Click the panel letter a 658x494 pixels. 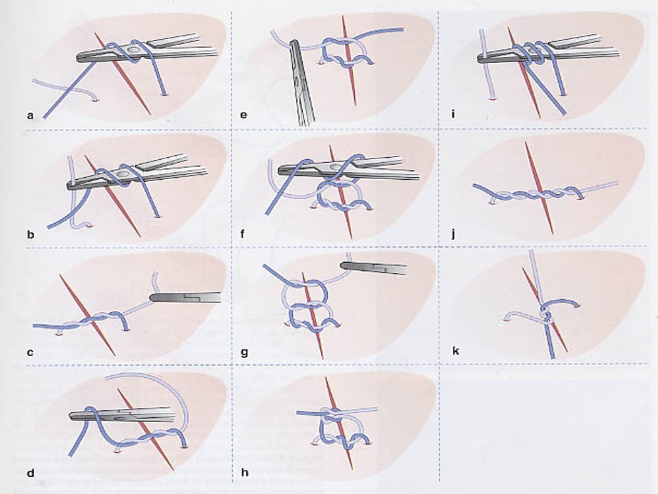tap(29, 115)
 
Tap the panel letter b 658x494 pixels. tap(30, 235)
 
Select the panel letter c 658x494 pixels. tap(29, 353)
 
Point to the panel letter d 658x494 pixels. tap(30, 473)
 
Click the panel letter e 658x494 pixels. tap(244, 115)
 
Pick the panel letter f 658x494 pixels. tap(243, 233)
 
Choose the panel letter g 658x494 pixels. tap(244, 353)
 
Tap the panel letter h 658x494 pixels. tap(245, 472)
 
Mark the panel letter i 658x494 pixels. tap(453, 114)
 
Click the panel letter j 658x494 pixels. tap(453, 234)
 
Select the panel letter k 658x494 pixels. tap(455, 351)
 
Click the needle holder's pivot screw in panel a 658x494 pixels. tap(134, 50)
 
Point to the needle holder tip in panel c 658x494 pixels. tap(152, 298)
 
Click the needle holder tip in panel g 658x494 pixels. tap(343, 266)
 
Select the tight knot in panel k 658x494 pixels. tap(544, 314)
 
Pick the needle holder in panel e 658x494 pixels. tap(302, 82)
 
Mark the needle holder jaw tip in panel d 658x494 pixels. tap(71, 416)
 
